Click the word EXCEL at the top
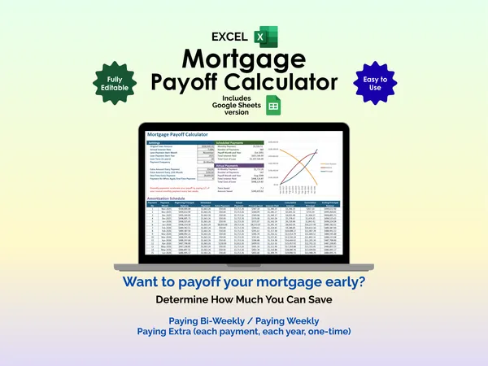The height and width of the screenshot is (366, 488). (x=230, y=37)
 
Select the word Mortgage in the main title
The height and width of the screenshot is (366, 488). (x=243, y=59)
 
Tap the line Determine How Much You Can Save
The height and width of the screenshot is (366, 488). (x=243, y=300)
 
